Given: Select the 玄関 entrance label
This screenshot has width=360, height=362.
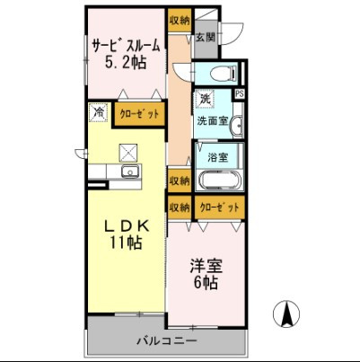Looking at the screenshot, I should click(x=206, y=38).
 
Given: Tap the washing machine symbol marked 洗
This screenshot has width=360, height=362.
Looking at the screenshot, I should click(x=205, y=98).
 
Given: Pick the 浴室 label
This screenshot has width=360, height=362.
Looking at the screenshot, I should click(x=217, y=155).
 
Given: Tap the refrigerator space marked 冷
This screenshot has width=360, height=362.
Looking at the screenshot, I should click(x=98, y=114).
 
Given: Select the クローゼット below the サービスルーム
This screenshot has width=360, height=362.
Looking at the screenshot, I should click(x=139, y=115).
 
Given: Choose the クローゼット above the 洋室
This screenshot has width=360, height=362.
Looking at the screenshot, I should click(x=219, y=207).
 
